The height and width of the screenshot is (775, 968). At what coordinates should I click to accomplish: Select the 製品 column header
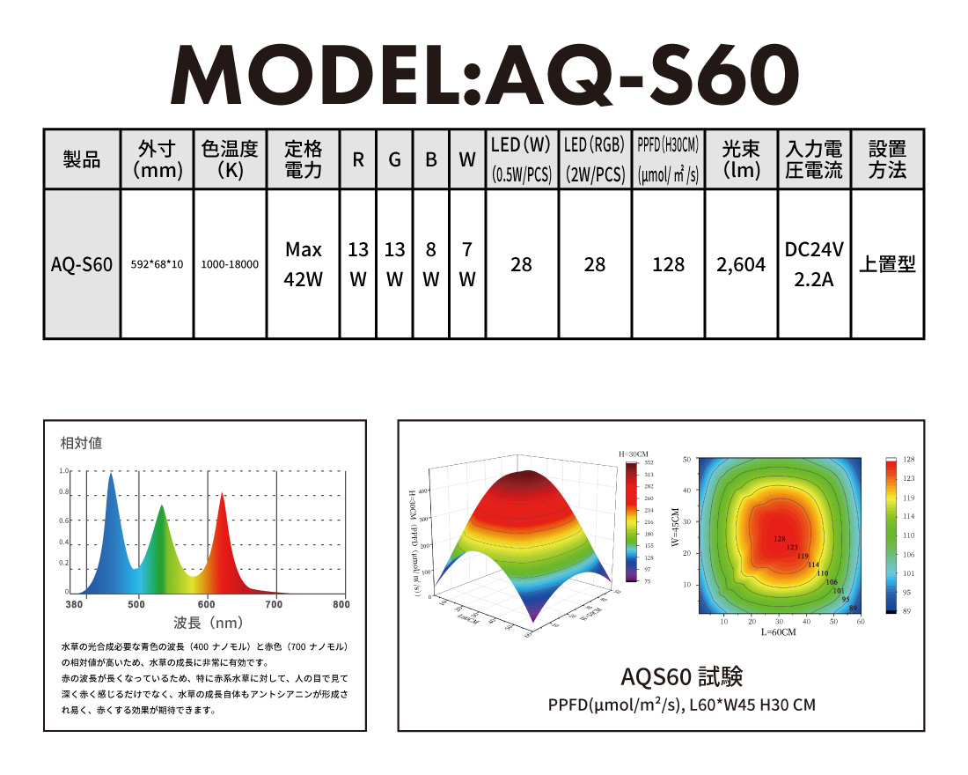tap(82, 159)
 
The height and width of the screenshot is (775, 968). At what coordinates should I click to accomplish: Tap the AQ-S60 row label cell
tap(82, 264)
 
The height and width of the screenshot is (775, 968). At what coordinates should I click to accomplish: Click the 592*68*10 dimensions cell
tap(157, 264)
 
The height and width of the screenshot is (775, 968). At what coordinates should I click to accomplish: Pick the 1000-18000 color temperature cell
tap(230, 264)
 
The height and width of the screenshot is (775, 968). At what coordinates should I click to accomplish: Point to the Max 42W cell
tap(304, 264)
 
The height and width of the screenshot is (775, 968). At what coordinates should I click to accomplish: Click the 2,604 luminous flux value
tap(742, 264)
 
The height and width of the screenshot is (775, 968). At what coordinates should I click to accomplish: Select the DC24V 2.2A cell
tap(814, 264)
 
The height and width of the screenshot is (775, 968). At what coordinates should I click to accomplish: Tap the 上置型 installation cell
tap(887, 264)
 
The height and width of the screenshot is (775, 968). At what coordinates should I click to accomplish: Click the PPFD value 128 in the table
tap(669, 264)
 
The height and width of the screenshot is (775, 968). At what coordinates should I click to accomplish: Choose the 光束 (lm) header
tap(742, 159)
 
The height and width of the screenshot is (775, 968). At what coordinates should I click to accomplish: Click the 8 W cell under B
tap(430, 264)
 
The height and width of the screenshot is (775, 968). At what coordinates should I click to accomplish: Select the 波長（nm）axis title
tap(208, 624)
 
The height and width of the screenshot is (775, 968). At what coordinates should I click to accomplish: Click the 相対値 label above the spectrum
tap(81, 443)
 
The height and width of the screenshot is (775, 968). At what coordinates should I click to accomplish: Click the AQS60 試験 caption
tap(682, 676)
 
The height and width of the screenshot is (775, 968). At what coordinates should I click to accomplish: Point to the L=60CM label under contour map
tap(779, 632)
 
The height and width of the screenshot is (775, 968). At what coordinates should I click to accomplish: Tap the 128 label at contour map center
tap(779, 539)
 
